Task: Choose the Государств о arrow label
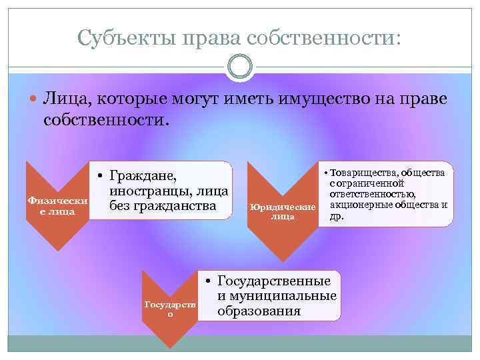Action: click(171, 308)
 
